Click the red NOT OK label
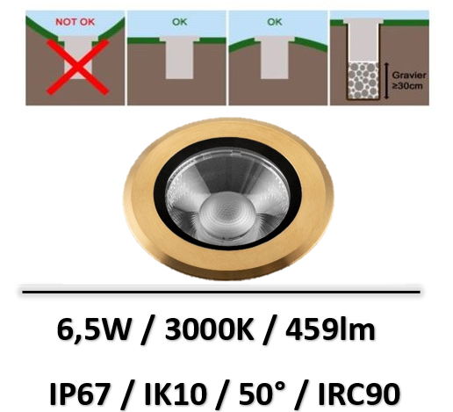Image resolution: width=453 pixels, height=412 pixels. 75,22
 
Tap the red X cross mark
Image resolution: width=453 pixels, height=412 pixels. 78,68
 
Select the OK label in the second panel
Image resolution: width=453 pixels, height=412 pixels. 179,22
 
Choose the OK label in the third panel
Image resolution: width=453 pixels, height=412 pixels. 275,22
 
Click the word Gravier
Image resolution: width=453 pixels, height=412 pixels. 409,76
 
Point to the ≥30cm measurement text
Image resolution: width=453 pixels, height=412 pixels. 407,86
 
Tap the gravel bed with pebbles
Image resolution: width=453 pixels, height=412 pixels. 363,80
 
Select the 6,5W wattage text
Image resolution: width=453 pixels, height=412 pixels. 93,330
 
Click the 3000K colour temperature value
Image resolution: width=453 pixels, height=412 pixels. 209,330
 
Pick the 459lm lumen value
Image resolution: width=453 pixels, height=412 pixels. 330,330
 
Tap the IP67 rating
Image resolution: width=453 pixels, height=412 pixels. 80,394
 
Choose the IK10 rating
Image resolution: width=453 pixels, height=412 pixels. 175,394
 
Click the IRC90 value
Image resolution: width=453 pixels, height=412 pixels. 359,394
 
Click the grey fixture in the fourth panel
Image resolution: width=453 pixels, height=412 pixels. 363,41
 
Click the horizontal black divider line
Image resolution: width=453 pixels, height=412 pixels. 221,292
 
